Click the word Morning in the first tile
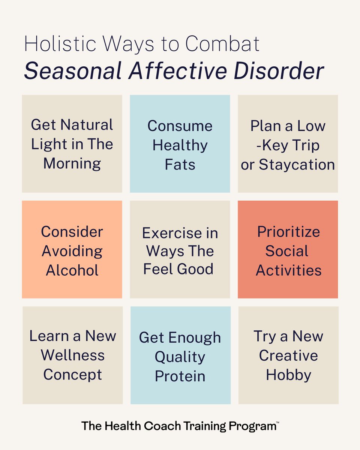tap(72, 163)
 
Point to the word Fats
tap(180, 165)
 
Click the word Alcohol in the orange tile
tap(72, 270)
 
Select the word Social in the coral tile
tap(287, 251)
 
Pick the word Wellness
tap(73, 355)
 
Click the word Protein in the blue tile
tap(180, 376)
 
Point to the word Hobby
tap(288, 375)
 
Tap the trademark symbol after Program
tap(277, 423)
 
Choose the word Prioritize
tap(288, 232)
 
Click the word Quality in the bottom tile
tap(180, 357)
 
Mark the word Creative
tap(288, 355)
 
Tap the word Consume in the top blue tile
tap(180, 126)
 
